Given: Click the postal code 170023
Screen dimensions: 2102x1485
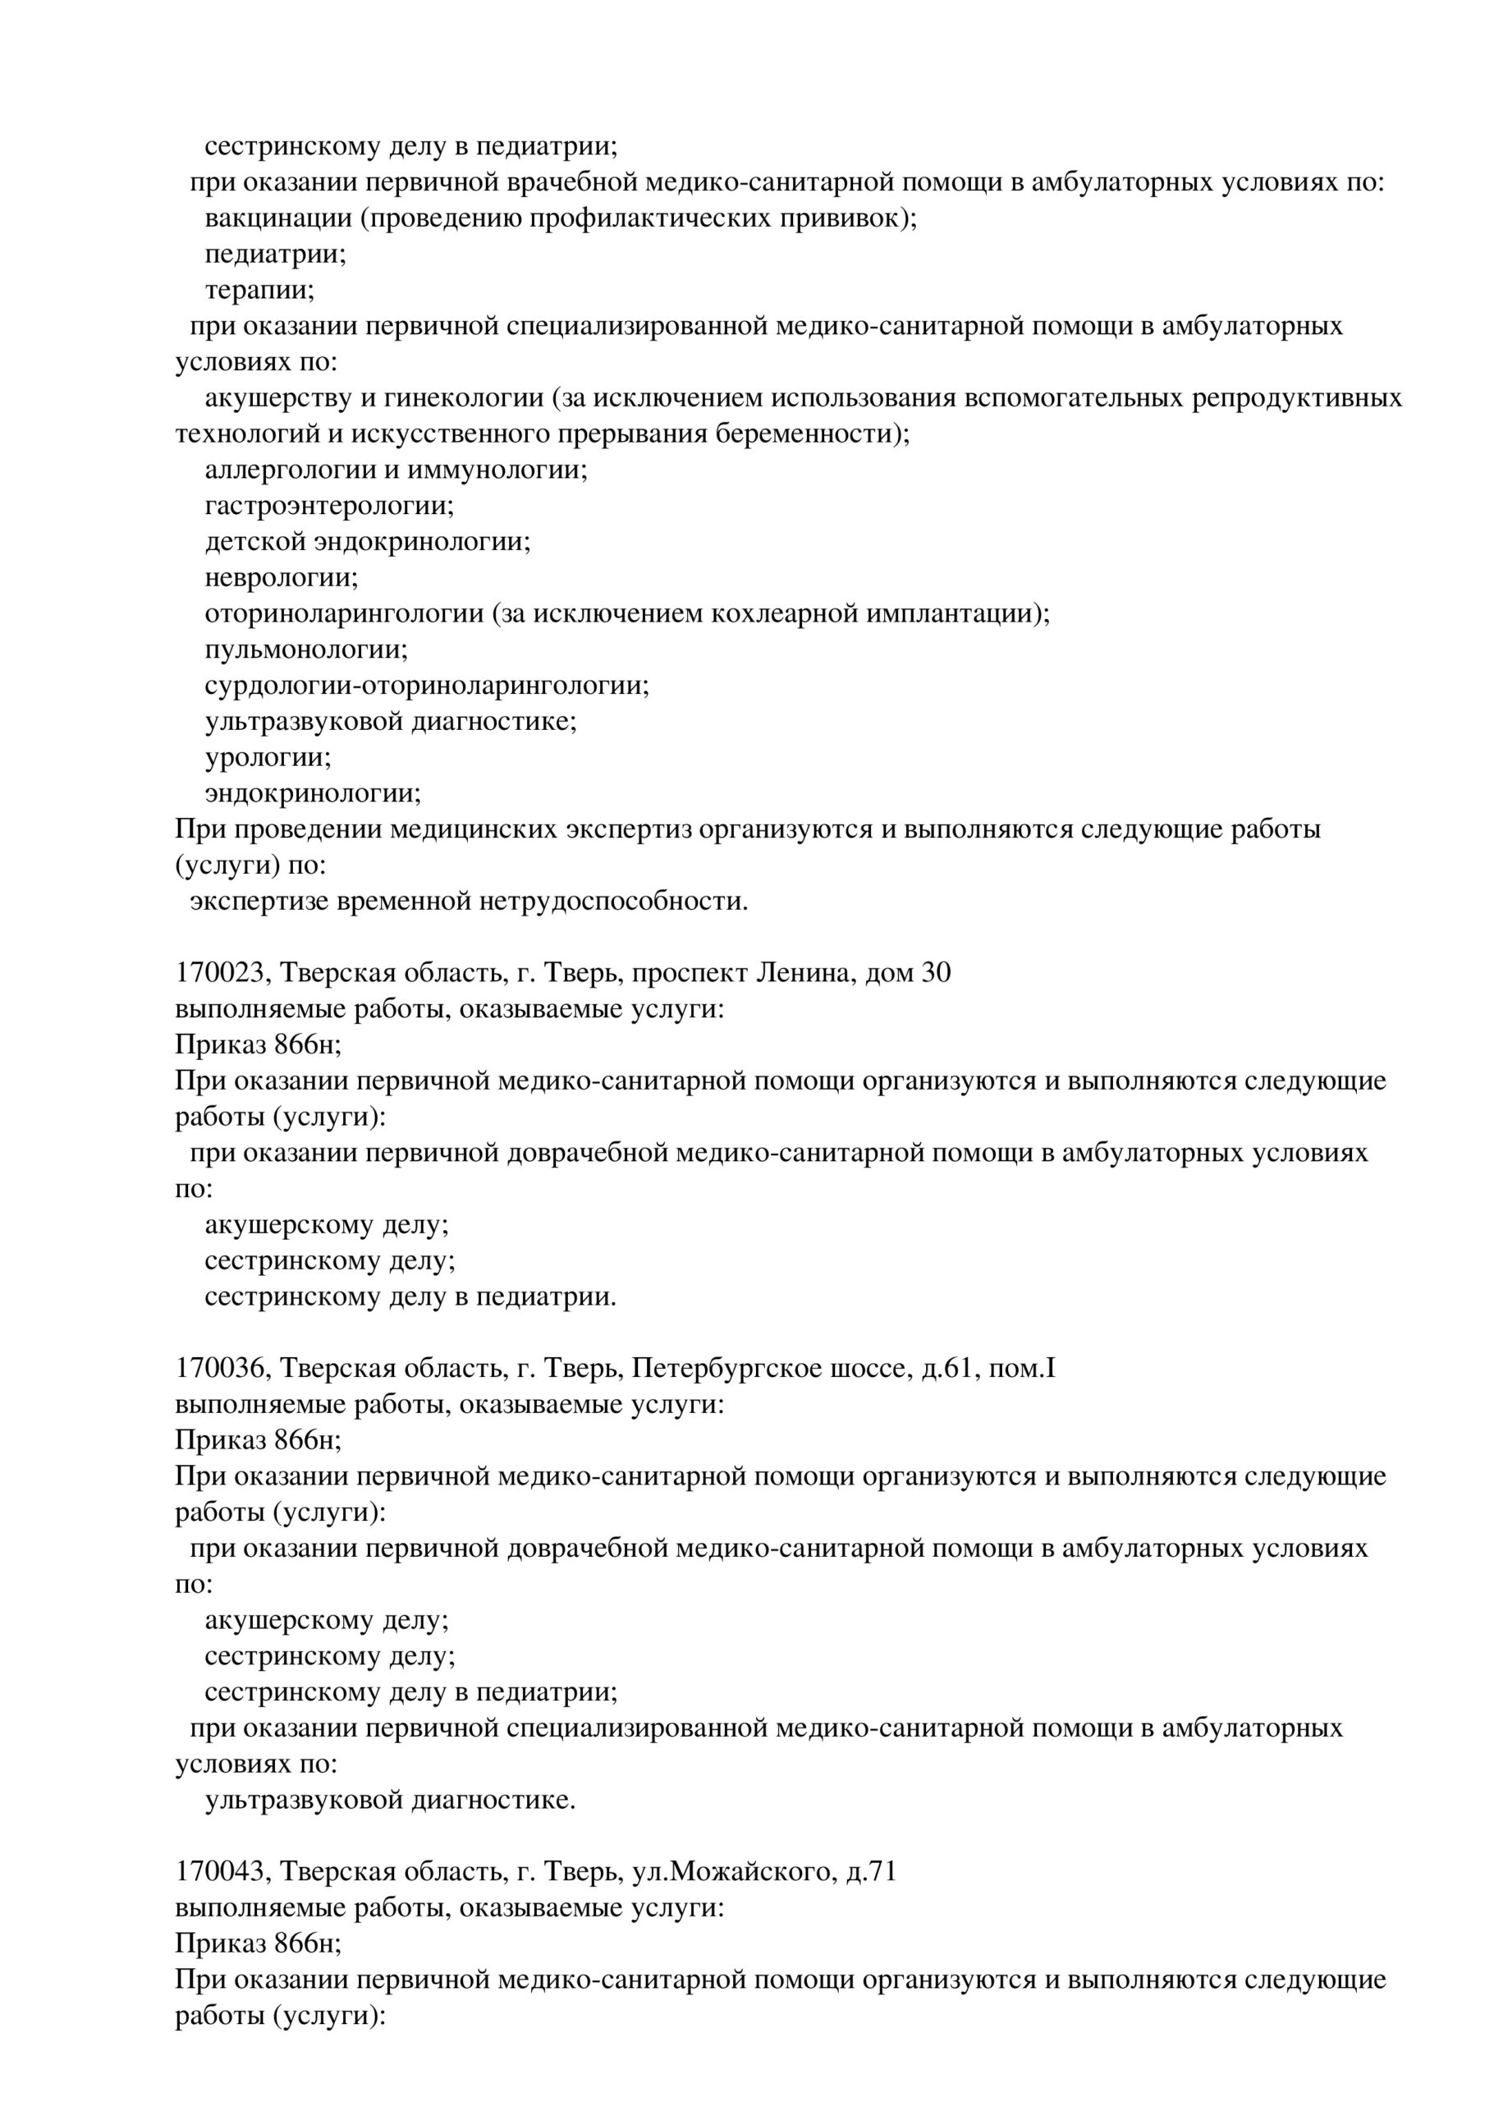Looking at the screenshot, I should click(221, 972).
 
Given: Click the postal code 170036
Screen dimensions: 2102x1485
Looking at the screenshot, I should click(221, 1368).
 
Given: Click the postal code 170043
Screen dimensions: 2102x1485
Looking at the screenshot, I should click(221, 1871).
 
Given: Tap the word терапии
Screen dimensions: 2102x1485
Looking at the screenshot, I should click(259, 290).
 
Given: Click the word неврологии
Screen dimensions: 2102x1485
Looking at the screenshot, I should click(281, 578).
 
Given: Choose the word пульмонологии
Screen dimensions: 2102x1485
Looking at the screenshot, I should click(306, 650).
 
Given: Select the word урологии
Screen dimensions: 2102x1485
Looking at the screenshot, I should click(268, 758).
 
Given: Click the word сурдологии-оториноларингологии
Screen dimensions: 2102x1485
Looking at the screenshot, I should click(427, 686).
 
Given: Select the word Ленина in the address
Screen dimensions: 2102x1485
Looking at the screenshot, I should click(803, 972).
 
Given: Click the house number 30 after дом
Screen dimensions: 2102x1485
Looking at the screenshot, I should click(935, 972).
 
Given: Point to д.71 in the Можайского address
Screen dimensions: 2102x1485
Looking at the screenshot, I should click(871, 1871).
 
